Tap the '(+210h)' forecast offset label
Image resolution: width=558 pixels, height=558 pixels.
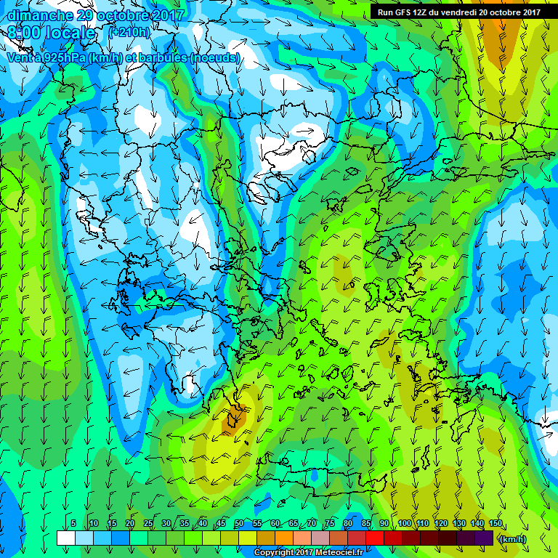(129, 33)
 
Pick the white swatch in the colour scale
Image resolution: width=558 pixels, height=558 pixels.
(65, 538)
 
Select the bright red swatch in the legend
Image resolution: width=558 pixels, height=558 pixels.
(375, 538)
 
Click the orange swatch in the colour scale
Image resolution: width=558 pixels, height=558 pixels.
(284, 538)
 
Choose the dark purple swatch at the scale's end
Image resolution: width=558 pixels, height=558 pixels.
(484, 538)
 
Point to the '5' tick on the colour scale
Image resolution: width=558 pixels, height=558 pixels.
(74, 524)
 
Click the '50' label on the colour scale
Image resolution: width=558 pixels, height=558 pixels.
(238, 524)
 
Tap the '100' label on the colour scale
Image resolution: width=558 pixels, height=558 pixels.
(404, 524)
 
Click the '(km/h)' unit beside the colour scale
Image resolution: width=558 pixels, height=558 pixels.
(513, 538)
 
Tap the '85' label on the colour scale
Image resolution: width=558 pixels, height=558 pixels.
(365, 524)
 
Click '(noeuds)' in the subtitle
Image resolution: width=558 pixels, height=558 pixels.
(214, 57)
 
